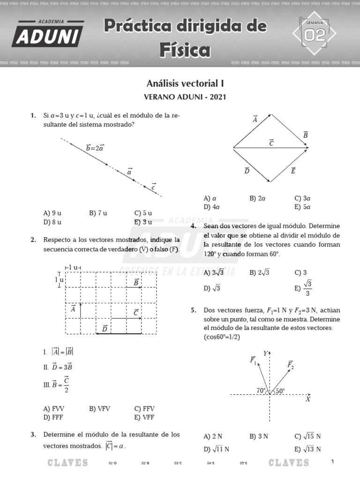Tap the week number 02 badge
click(x=315, y=34)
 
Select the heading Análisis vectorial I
click(x=186, y=84)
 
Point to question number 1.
click(x=33, y=115)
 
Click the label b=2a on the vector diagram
click(x=95, y=148)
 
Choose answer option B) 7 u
click(x=98, y=213)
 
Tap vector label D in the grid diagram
click(x=105, y=329)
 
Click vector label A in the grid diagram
click(x=73, y=309)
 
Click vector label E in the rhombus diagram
click(x=293, y=171)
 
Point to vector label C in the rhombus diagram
click(x=271, y=143)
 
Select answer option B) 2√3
click(x=260, y=272)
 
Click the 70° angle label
click(x=261, y=390)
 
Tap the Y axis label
click(x=265, y=353)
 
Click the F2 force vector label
click(x=290, y=365)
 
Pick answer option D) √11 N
click(x=217, y=449)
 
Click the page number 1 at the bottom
click(x=332, y=462)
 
